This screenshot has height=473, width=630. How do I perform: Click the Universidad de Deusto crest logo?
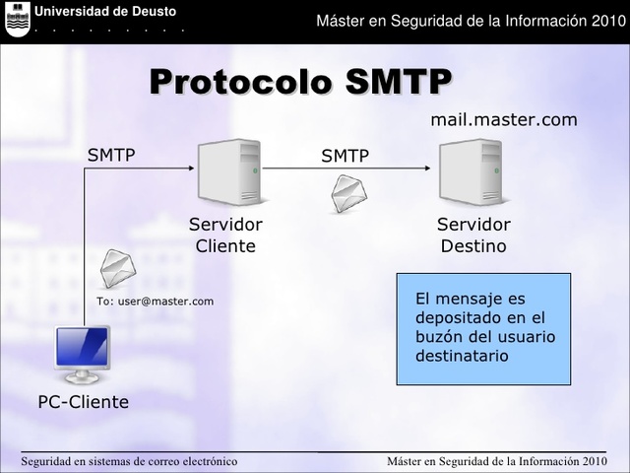pyautogui.click(x=18, y=19)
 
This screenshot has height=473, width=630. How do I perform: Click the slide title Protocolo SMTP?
pyautogui.click(x=300, y=82)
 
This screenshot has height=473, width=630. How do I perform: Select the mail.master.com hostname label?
pyautogui.click(x=504, y=120)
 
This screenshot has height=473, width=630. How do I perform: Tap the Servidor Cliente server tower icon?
pyautogui.click(x=228, y=171)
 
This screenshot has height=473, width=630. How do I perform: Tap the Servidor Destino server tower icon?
pyautogui.click(x=471, y=171)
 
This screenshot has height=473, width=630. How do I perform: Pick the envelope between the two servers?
pyautogui.click(x=348, y=193)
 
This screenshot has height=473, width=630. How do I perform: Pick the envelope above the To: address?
pyautogui.click(x=117, y=268)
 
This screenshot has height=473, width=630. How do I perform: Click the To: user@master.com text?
pyautogui.click(x=155, y=301)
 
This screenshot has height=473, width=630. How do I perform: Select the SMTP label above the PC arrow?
pyautogui.click(x=111, y=155)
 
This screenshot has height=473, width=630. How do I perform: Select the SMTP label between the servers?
pyautogui.click(x=345, y=156)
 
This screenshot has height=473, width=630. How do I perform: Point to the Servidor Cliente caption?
pyautogui.click(x=225, y=236)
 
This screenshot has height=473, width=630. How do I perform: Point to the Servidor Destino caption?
pyautogui.click(x=473, y=236)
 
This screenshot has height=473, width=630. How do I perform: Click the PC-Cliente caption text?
pyautogui.click(x=84, y=402)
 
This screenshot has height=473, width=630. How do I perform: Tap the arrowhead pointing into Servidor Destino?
pyautogui.click(x=425, y=169)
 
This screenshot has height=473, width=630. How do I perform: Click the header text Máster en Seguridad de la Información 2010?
pyautogui.click(x=470, y=22)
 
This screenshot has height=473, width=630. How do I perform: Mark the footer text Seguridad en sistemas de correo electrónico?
pyautogui.click(x=129, y=461)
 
